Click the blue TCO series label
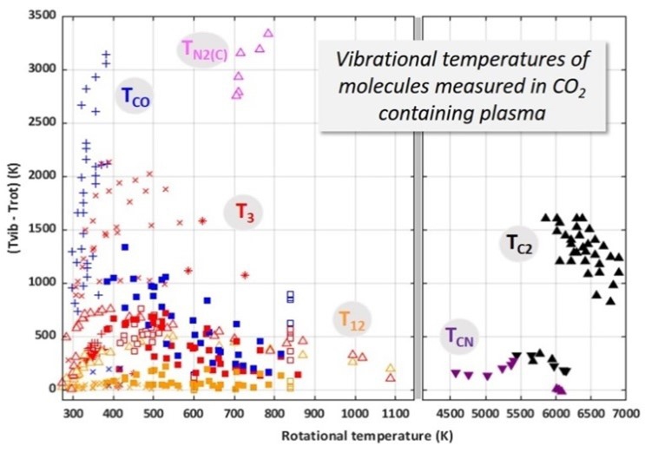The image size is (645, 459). tap(135, 98)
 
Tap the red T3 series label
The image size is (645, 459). tap(244, 212)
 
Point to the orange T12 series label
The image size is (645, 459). tap(352, 321)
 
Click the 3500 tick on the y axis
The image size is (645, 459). tap(39, 16)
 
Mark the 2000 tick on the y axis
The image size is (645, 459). tap(39, 175)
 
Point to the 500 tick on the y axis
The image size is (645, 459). tap(43, 335)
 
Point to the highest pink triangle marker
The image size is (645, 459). tap(268, 33)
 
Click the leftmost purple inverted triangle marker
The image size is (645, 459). tap(456, 373)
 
